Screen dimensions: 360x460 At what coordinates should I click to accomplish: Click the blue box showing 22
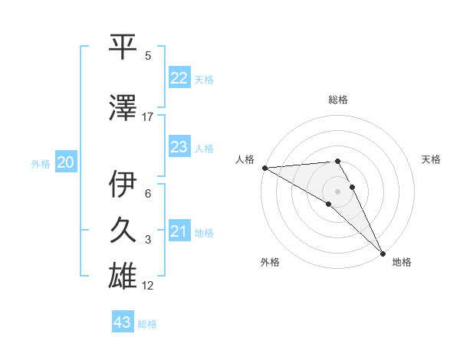pyautogui.click(x=179, y=78)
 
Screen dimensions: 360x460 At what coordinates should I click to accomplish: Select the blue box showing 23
pyautogui.click(x=179, y=147)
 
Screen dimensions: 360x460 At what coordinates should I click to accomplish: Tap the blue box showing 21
pyautogui.click(x=179, y=231)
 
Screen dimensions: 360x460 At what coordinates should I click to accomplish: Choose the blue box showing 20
pyautogui.click(x=66, y=162)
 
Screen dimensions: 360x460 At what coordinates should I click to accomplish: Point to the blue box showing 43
pyautogui.click(x=123, y=322)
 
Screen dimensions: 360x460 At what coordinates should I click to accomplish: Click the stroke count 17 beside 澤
pyautogui.click(x=148, y=117)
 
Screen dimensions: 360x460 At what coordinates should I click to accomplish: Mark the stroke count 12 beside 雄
pyautogui.click(x=148, y=286)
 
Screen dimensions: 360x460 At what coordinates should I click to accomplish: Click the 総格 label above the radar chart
pyautogui.click(x=338, y=100)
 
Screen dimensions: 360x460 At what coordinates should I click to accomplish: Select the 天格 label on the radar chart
pyautogui.click(x=432, y=159)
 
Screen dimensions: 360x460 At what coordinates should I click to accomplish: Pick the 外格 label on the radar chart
pyautogui.click(x=270, y=262)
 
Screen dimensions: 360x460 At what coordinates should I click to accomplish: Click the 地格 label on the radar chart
pyautogui.click(x=402, y=262)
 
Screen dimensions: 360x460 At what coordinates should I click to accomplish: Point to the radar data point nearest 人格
pyautogui.click(x=264, y=168)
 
